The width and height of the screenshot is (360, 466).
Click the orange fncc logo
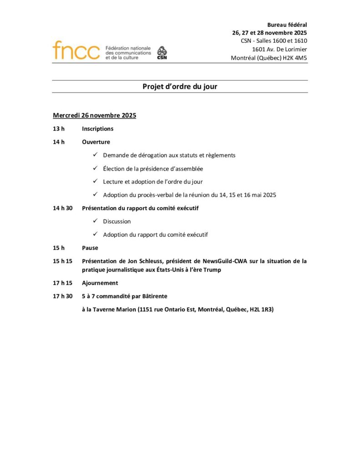76,51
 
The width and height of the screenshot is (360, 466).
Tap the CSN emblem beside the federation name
162,53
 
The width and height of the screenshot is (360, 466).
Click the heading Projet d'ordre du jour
180,86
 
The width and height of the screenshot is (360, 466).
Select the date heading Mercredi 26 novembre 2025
94,116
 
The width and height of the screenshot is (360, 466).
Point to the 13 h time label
59,129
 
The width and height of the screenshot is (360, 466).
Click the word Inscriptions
97,129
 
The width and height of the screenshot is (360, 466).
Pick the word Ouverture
96,142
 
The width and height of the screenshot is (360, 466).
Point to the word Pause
90,248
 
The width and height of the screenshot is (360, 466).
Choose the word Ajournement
100,283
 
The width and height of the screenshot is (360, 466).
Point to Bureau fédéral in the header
287,25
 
